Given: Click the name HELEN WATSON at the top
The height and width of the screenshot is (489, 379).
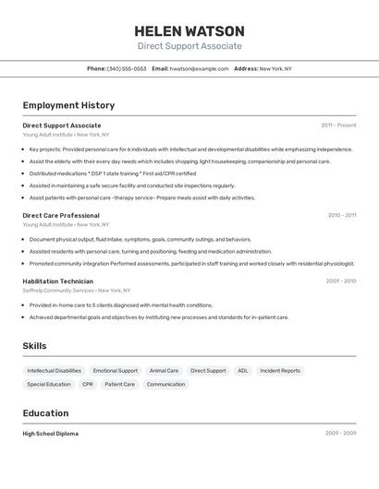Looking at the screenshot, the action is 189,30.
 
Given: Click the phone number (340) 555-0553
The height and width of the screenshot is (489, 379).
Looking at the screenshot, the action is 127,68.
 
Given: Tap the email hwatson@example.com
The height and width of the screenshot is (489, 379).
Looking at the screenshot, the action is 199,68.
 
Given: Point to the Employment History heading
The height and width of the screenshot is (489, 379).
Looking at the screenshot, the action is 68,105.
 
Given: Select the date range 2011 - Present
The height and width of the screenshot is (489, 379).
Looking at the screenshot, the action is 338,125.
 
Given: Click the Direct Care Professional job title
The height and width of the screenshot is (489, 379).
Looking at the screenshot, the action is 61,215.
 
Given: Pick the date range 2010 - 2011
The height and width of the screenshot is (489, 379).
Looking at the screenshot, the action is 341,215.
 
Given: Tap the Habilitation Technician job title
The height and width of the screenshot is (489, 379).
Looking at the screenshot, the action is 57,280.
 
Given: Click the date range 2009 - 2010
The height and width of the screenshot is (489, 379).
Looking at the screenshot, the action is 340,280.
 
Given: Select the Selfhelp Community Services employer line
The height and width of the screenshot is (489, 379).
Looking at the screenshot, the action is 72,290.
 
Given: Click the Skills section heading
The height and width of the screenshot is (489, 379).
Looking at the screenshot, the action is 34,346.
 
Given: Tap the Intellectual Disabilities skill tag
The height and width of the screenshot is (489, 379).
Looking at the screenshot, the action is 54,371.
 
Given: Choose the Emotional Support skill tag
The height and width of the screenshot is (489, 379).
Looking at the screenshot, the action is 116,371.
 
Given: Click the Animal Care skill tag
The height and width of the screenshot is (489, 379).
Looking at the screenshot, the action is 164,371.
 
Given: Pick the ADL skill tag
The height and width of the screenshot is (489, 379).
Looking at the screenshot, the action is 242,371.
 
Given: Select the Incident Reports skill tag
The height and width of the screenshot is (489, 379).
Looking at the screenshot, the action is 280,371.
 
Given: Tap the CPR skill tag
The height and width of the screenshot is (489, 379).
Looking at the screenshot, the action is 87,384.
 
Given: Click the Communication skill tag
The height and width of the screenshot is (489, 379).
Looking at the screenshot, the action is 165,384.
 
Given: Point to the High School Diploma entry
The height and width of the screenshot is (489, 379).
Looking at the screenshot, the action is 50,433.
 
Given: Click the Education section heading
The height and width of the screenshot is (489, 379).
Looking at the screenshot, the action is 45,413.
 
